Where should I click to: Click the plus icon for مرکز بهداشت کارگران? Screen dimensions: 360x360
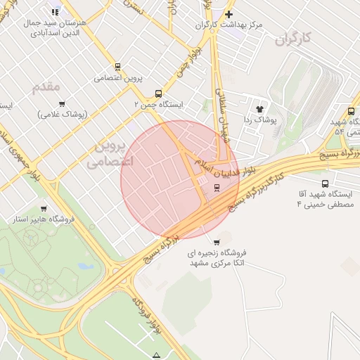(229, 15)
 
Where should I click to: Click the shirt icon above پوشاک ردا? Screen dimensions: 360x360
(259, 109)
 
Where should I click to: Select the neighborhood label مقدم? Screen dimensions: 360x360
(46, 86)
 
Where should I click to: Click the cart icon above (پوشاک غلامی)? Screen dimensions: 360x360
(62, 104)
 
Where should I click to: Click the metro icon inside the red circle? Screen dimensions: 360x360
(217, 187)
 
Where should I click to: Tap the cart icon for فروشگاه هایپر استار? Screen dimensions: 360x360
(44, 209)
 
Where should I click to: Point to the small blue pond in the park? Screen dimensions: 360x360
(84, 266)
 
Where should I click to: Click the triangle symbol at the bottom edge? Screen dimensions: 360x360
(156, 355)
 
